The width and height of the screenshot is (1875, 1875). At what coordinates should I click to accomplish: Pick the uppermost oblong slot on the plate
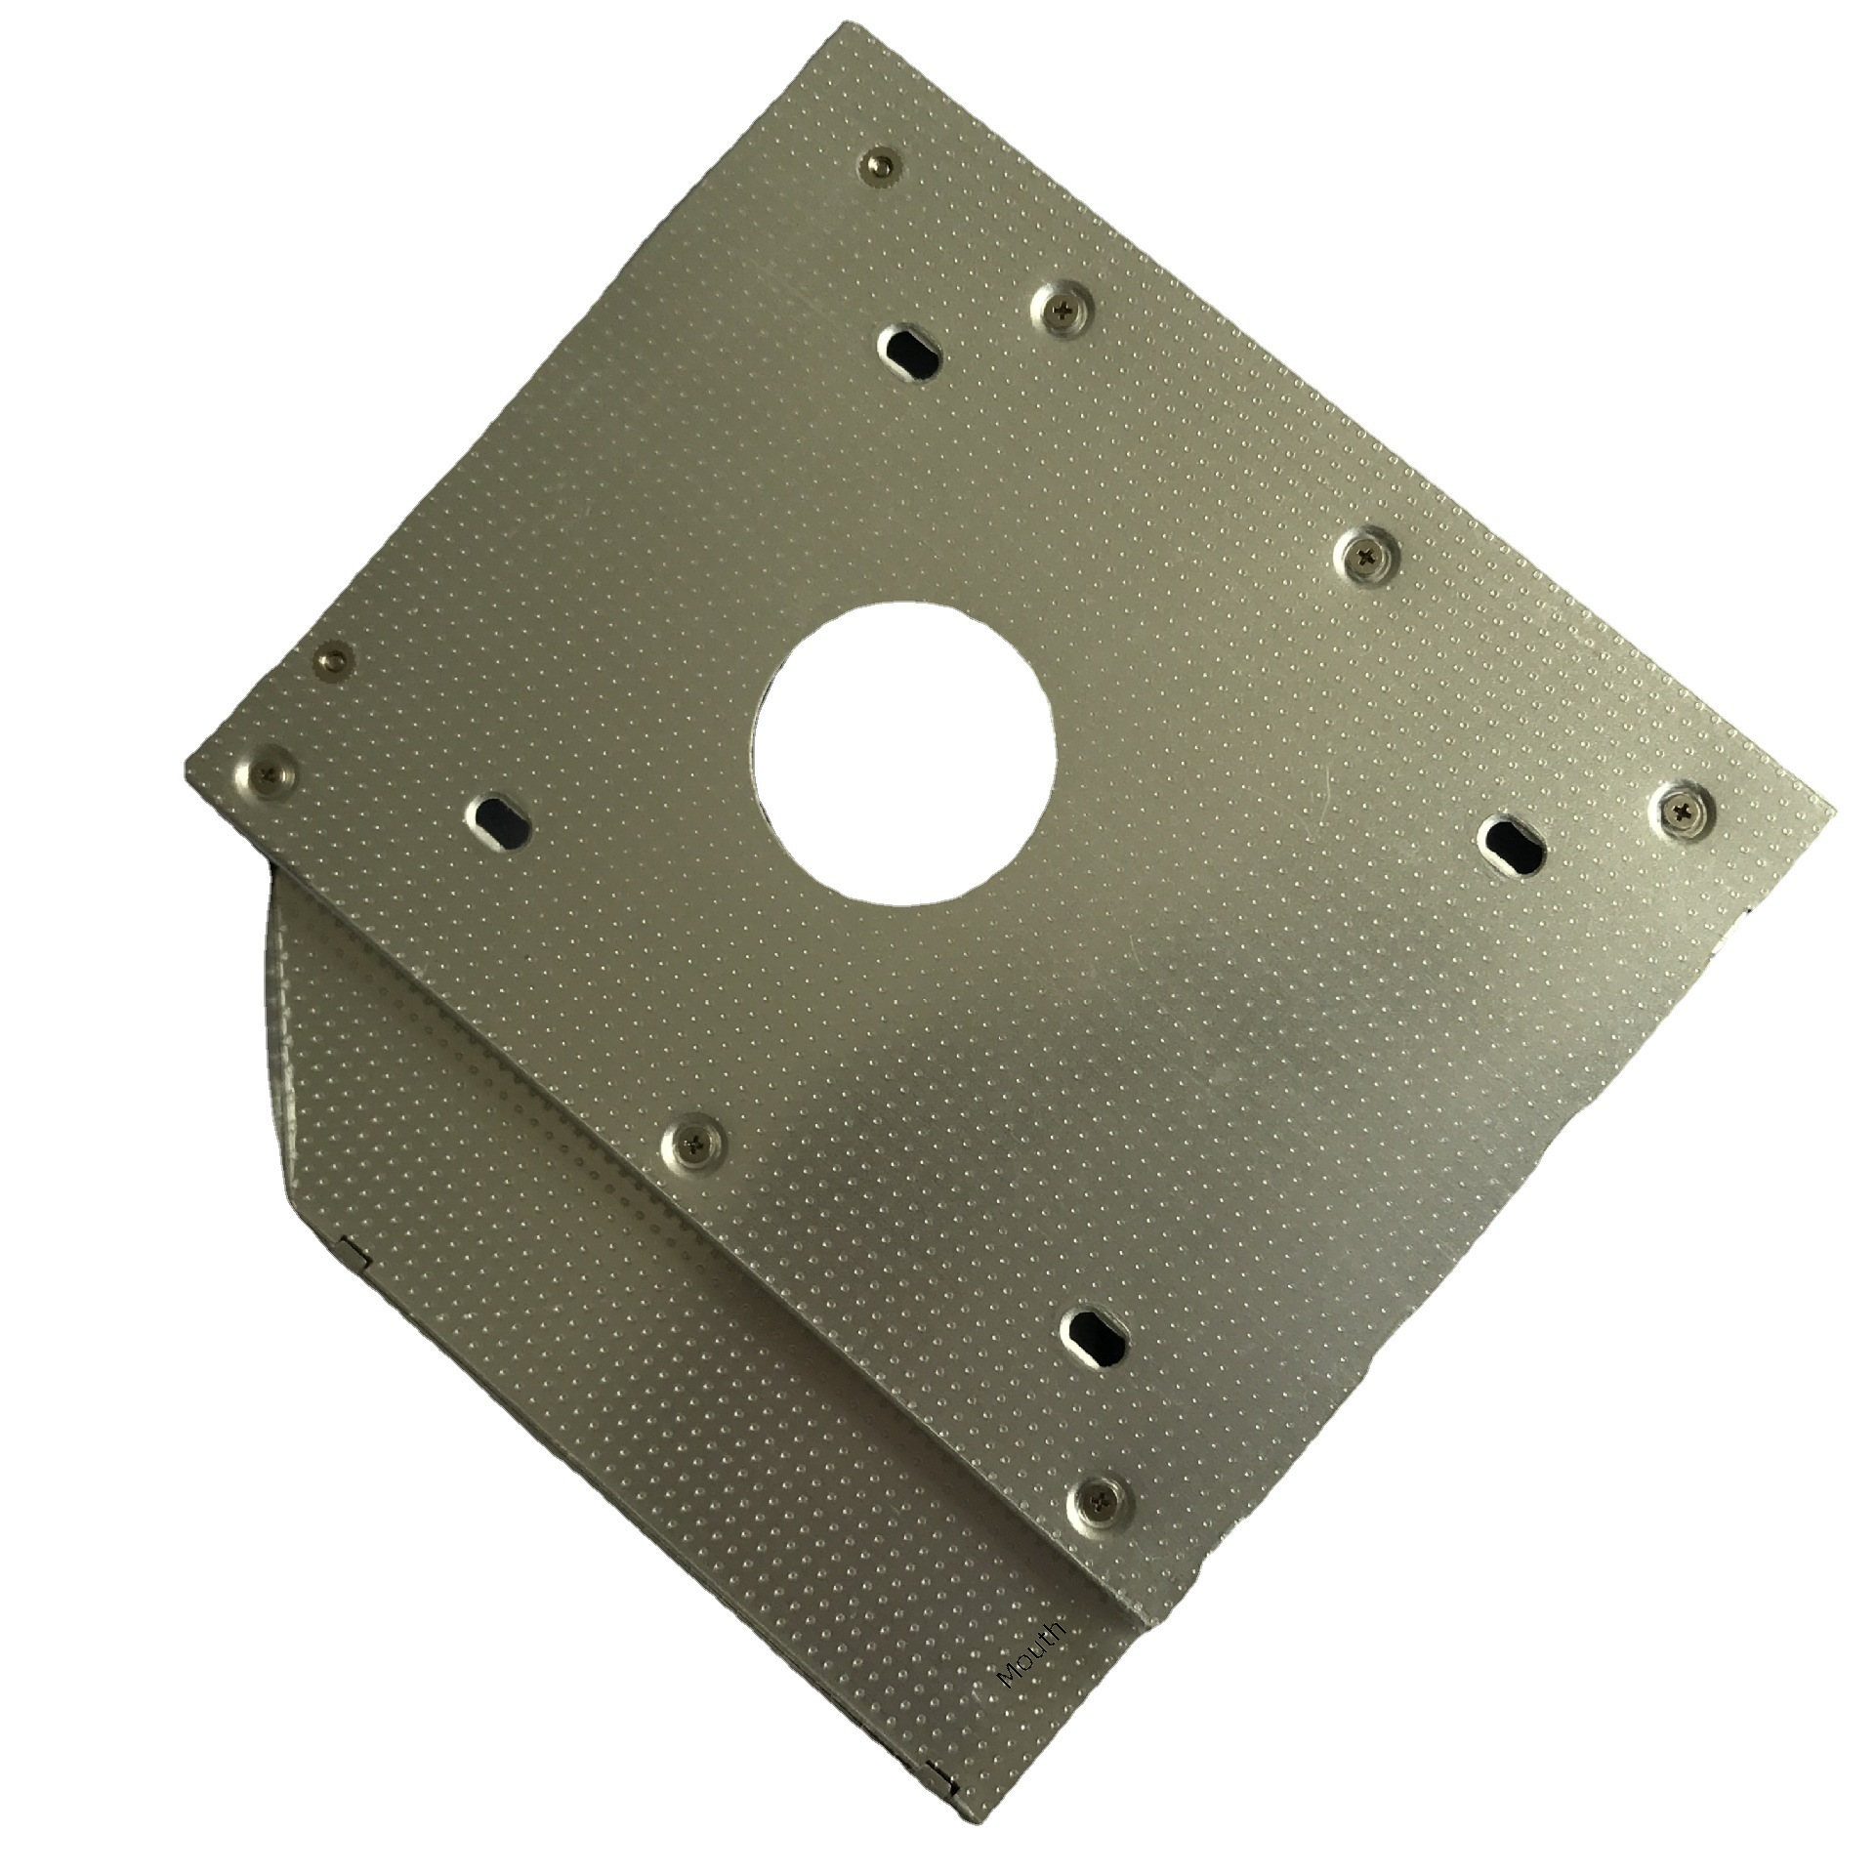point(910,351)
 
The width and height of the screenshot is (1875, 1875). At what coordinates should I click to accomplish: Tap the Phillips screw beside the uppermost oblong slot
point(1062,310)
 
